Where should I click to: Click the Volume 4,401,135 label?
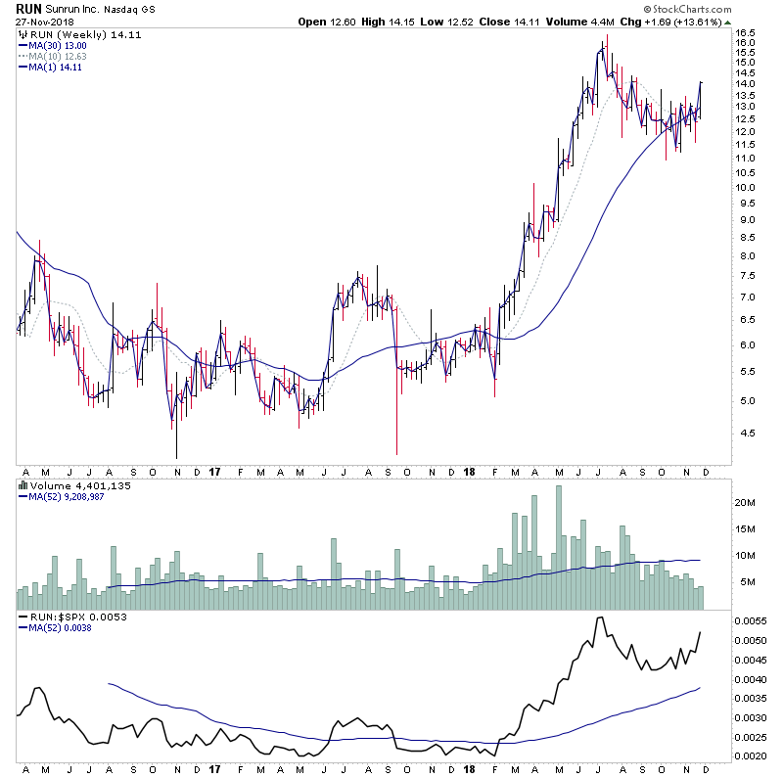69,484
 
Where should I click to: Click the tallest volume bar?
559,547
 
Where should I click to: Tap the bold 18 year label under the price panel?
469,471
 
